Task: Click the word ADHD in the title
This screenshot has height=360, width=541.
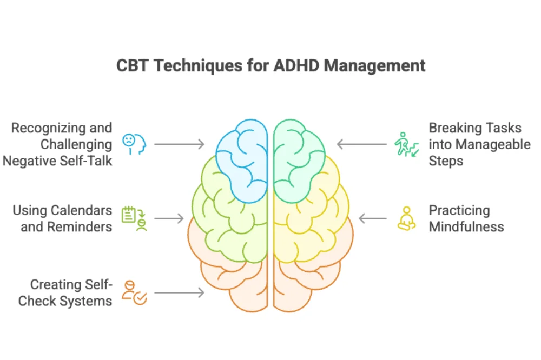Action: pos(298,66)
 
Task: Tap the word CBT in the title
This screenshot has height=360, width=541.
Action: pos(131,66)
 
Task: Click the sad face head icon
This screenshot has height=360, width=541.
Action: pos(133,144)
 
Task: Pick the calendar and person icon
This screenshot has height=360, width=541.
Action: pos(133,218)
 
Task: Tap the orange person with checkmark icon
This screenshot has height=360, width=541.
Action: pos(134,292)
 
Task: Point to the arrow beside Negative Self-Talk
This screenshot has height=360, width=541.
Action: pos(179,144)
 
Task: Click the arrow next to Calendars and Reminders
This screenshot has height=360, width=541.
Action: pos(169,218)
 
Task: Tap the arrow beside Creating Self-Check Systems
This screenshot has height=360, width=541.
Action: pos(179,292)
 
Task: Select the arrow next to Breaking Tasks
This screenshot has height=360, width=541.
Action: pos(362,144)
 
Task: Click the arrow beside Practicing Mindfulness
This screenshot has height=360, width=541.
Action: pos(373,218)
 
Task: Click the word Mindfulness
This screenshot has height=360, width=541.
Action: pos(466,226)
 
